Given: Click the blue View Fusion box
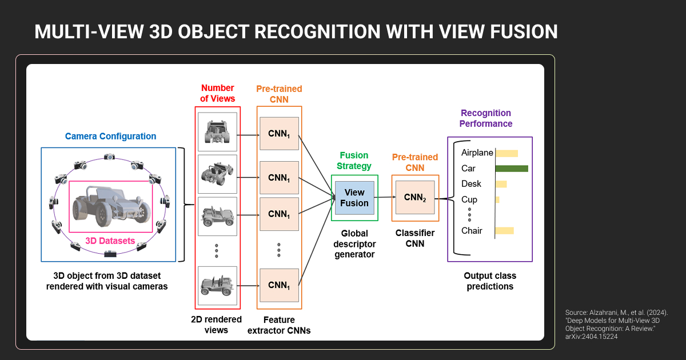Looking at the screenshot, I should pos(354,198).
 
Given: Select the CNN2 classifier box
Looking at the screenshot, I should pos(415,198).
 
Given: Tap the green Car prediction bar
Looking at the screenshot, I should pos(511,169).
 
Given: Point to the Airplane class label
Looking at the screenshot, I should pos(477,153).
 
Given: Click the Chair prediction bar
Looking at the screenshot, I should pos(504,231).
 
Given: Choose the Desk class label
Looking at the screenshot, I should pos(471,184).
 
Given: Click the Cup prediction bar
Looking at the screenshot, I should pos(497,199).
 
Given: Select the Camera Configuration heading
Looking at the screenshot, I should pos(110,137).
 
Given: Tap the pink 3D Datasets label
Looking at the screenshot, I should pos(110,241).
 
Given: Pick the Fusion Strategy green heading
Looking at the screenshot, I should pos(354,161).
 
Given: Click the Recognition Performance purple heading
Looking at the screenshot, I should pos(486,118).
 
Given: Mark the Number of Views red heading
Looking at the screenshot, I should pos(217,93).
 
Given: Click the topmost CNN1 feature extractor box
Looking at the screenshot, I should pos(279,134).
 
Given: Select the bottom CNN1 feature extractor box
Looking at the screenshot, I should pos(279,285).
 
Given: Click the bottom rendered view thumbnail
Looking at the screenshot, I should pos(217,285).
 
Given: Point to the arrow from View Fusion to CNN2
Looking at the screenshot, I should pos(385,198).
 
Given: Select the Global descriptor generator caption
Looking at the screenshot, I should pos(354,243).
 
